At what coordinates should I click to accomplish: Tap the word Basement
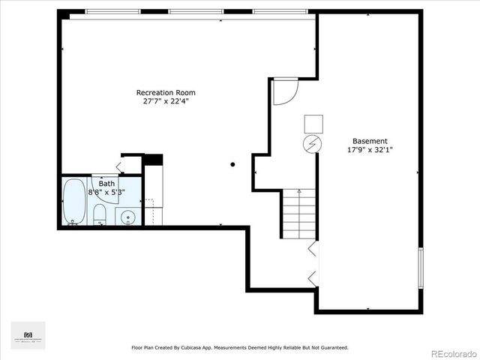[x=370, y=141]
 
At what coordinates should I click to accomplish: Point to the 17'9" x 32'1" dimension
[x=370, y=150]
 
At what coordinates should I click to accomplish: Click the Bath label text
[x=107, y=183]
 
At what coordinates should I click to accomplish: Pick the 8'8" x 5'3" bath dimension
[x=107, y=192]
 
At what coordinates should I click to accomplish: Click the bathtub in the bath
[x=74, y=202]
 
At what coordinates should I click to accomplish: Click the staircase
[x=299, y=214]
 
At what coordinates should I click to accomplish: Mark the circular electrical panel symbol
[x=312, y=144]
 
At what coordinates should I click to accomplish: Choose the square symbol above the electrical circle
[x=313, y=124]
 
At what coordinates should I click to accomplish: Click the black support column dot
[x=233, y=164]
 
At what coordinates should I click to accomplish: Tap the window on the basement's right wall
[x=421, y=268]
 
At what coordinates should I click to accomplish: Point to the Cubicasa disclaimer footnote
[x=240, y=347]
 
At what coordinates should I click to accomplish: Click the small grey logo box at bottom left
[x=28, y=335]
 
